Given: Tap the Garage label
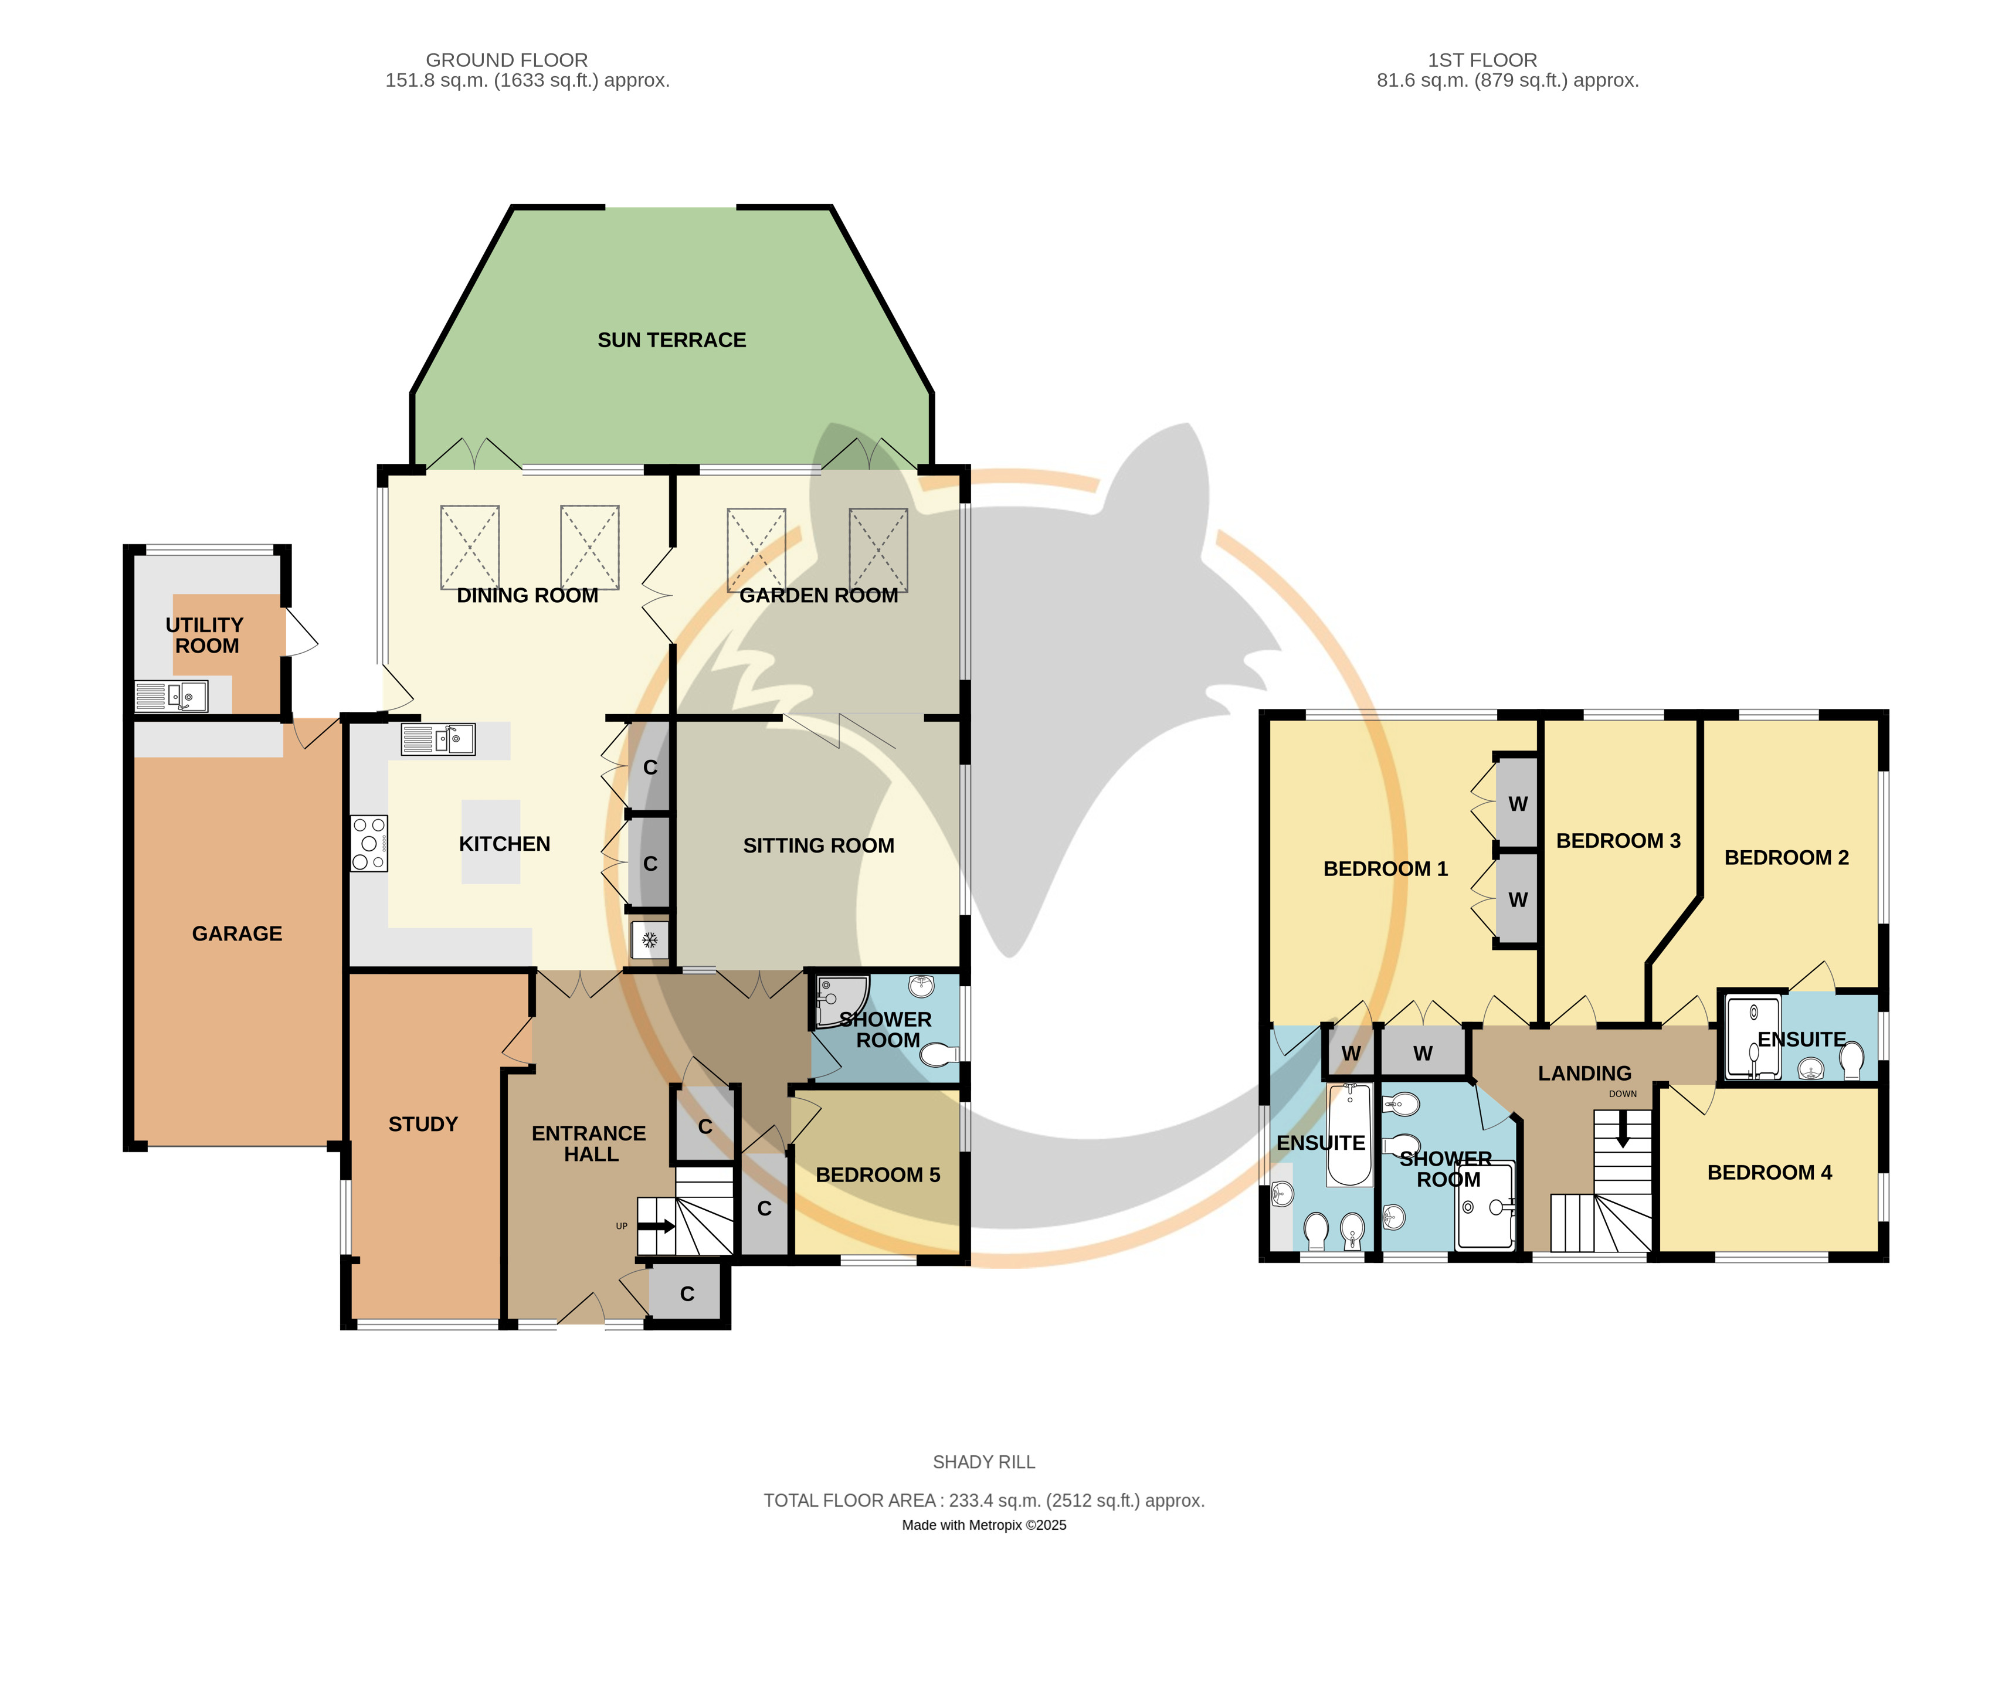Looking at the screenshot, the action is click(x=237, y=933).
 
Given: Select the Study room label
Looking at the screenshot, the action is click(x=423, y=1125).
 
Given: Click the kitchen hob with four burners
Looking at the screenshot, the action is click(x=369, y=844).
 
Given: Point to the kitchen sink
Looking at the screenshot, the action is click(x=438, y=739).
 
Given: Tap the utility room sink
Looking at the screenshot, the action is click(x=172, y=696).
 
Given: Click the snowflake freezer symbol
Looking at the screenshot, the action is click(x=649, y=940).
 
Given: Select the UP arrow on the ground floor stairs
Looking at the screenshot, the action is click(x=657, y=1226).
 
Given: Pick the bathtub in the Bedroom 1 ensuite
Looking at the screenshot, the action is click(x=1349, y=1136).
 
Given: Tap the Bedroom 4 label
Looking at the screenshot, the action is click(x=1769, y=1173).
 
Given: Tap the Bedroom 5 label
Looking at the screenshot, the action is click(x=878, y=1175).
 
